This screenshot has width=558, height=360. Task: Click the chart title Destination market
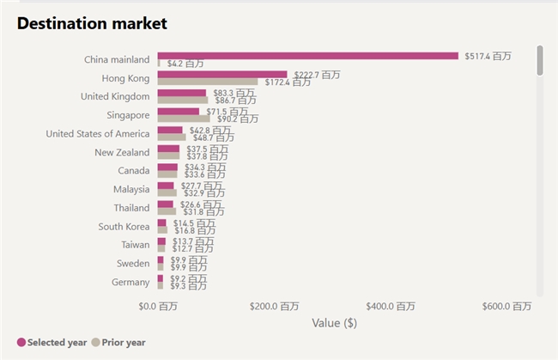coord(92,23)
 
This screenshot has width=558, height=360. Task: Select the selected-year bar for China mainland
coord(307,56)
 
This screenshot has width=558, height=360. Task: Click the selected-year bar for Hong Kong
coord(221,75)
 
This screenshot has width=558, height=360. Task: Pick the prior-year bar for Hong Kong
coord(207,82)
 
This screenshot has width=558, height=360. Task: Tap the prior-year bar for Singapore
coord(183,119)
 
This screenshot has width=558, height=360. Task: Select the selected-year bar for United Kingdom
coord(181,93)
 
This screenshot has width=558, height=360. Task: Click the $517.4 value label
coord(488,56)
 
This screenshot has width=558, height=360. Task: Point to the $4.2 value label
coord(185,64)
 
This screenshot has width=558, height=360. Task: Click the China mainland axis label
coord(117,59)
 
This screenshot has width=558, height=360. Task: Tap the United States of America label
coord(97,133)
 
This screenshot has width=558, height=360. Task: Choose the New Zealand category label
coord(122,152)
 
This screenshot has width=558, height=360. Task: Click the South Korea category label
coord(124,226)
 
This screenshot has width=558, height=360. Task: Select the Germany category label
coord(130,282)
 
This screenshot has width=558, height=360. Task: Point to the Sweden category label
coord(133,263)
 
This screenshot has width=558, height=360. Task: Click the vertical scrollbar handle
coord(540,60)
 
